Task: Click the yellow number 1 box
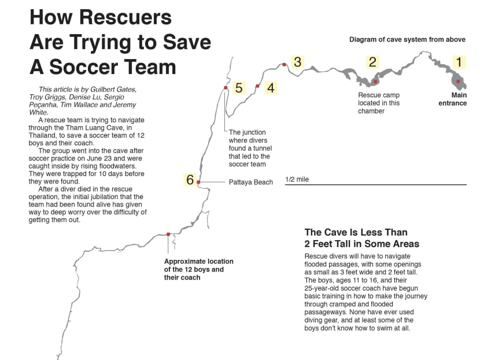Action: click(459, 62)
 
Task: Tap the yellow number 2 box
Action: click(373, 62)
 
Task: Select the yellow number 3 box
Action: click(297, 62)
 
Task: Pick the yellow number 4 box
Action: click(271, 88)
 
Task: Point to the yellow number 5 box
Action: click(239, 88)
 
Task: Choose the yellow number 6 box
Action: click(190, 179)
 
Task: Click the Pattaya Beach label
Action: click(250, 182)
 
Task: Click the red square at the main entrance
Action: click(458, 82)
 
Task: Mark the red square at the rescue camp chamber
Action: click(375, 82)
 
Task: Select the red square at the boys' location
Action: click(168, 234)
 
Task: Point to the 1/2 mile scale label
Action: click(297, 179)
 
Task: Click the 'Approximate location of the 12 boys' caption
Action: click(193, 269)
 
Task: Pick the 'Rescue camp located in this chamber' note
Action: click(379, 103)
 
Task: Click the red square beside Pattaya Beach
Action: click(198, 182)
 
